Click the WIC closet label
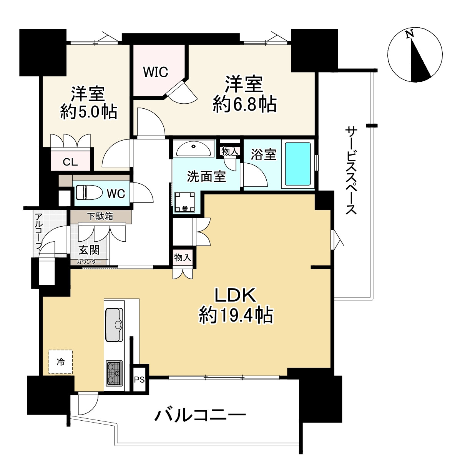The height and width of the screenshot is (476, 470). [x=155, y=72]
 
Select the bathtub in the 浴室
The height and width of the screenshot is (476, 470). [x=298, y=164]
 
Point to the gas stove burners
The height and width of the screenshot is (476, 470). [x=114, y=373]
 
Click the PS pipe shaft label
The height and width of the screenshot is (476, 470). [x=139, y=380]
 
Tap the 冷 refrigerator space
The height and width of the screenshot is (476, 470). [x=61, y=362]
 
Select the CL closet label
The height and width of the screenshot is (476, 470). [x=70, y=162]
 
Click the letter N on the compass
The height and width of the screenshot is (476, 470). [x=410, y=34]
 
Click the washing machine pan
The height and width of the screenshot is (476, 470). [x=185, y=202]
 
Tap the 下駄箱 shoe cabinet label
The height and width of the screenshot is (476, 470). [x=101, y=216]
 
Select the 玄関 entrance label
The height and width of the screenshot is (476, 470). [x=89, y=250]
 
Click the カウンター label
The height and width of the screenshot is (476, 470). [x=89, y=262]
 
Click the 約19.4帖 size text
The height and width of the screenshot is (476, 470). [x=236, y=315]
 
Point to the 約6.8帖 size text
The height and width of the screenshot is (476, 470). [x=244, y=104]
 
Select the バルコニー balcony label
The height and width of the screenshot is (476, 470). [x=200, y=415]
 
